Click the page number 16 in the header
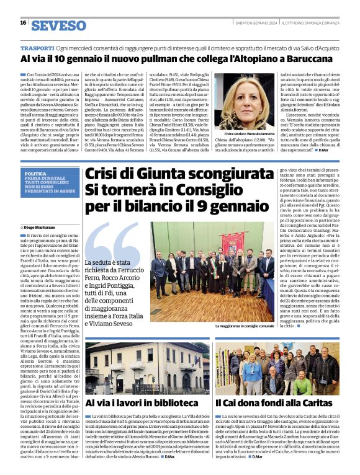23,23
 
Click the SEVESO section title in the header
58,24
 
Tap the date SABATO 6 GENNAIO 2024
256,23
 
